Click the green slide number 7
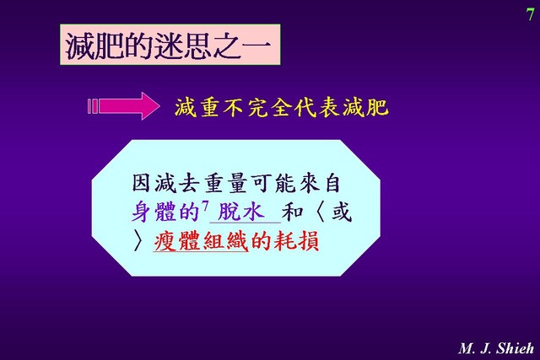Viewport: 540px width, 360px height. coord(530,14)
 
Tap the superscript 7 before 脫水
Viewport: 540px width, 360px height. coord(205,207)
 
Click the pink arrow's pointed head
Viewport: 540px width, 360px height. coord(150,106)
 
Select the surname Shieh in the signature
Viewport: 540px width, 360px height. coord(515,348)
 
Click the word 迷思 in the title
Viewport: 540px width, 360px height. coord(183,45)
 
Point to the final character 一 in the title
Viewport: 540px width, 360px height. coord(256,45)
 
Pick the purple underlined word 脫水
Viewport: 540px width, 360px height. coord(241,211)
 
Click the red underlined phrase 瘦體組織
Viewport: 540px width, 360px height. coord(201,241)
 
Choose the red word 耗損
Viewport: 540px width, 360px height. coord(296,241)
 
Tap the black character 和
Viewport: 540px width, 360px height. coord(293,212)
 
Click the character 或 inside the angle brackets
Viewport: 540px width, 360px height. coord(341,212)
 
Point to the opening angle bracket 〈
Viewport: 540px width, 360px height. coord(321,212)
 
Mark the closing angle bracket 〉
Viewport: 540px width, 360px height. coord(138,241)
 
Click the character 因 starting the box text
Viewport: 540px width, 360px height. coord(142,183)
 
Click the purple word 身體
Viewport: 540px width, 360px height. coord(154,212)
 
